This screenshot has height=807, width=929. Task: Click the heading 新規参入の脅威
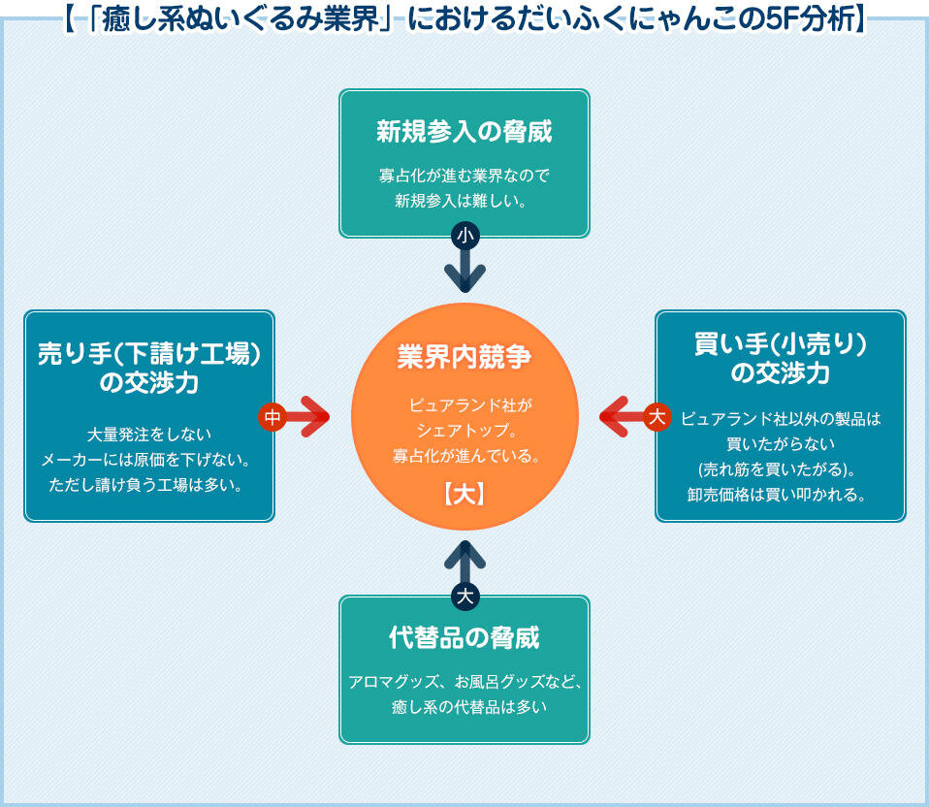tap(464, 131)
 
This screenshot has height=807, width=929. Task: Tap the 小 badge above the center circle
tap(465, 235)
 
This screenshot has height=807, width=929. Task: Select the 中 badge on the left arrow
tap(272, 416)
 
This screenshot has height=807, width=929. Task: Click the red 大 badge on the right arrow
tap(657, 417)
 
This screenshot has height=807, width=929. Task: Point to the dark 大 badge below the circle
tap(465, 596)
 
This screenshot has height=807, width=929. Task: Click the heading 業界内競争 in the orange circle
tap(464, 357)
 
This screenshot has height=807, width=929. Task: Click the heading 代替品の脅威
tap(464, 637)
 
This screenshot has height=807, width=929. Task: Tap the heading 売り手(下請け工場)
tap(149, 352)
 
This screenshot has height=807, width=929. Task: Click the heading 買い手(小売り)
tap(780, 343)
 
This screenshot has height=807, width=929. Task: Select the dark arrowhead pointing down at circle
tap(465, 278)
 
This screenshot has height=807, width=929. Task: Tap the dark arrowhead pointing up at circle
tap(465, 554)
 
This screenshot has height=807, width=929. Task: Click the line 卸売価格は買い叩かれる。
tap(780, 494)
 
